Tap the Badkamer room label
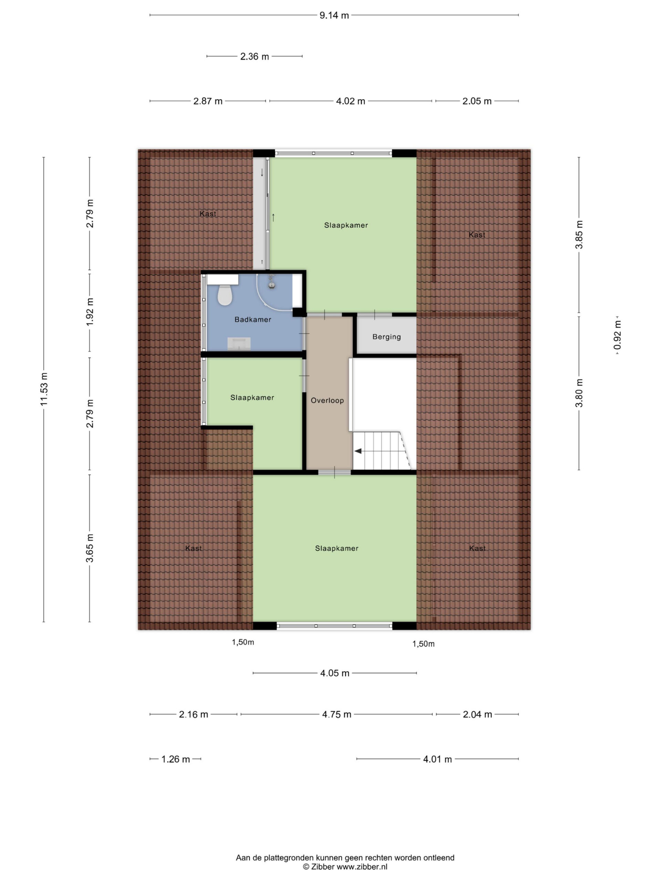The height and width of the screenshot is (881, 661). [253, 319]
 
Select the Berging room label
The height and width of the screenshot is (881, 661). [387, 337]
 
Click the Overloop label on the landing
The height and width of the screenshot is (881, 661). [327, 400]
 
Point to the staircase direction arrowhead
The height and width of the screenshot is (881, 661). [358, 451]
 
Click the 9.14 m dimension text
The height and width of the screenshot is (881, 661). [334, 15]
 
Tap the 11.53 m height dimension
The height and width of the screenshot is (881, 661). [44, 389]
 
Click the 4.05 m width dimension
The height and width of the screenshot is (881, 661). [335, 673]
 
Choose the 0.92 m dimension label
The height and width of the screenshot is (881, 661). [617, 335]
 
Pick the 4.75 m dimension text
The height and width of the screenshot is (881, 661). [337, 714]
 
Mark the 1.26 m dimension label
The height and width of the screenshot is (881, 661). [175, 759]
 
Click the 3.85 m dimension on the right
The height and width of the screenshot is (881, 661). [579, 235]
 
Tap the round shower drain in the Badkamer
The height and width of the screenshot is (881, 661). [271, 285]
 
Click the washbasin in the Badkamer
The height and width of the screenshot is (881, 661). [239, 343]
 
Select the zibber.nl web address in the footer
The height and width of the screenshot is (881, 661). [362, 867]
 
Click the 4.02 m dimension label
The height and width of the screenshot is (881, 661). [350, 101]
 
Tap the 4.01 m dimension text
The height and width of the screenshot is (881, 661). [437, 759]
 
